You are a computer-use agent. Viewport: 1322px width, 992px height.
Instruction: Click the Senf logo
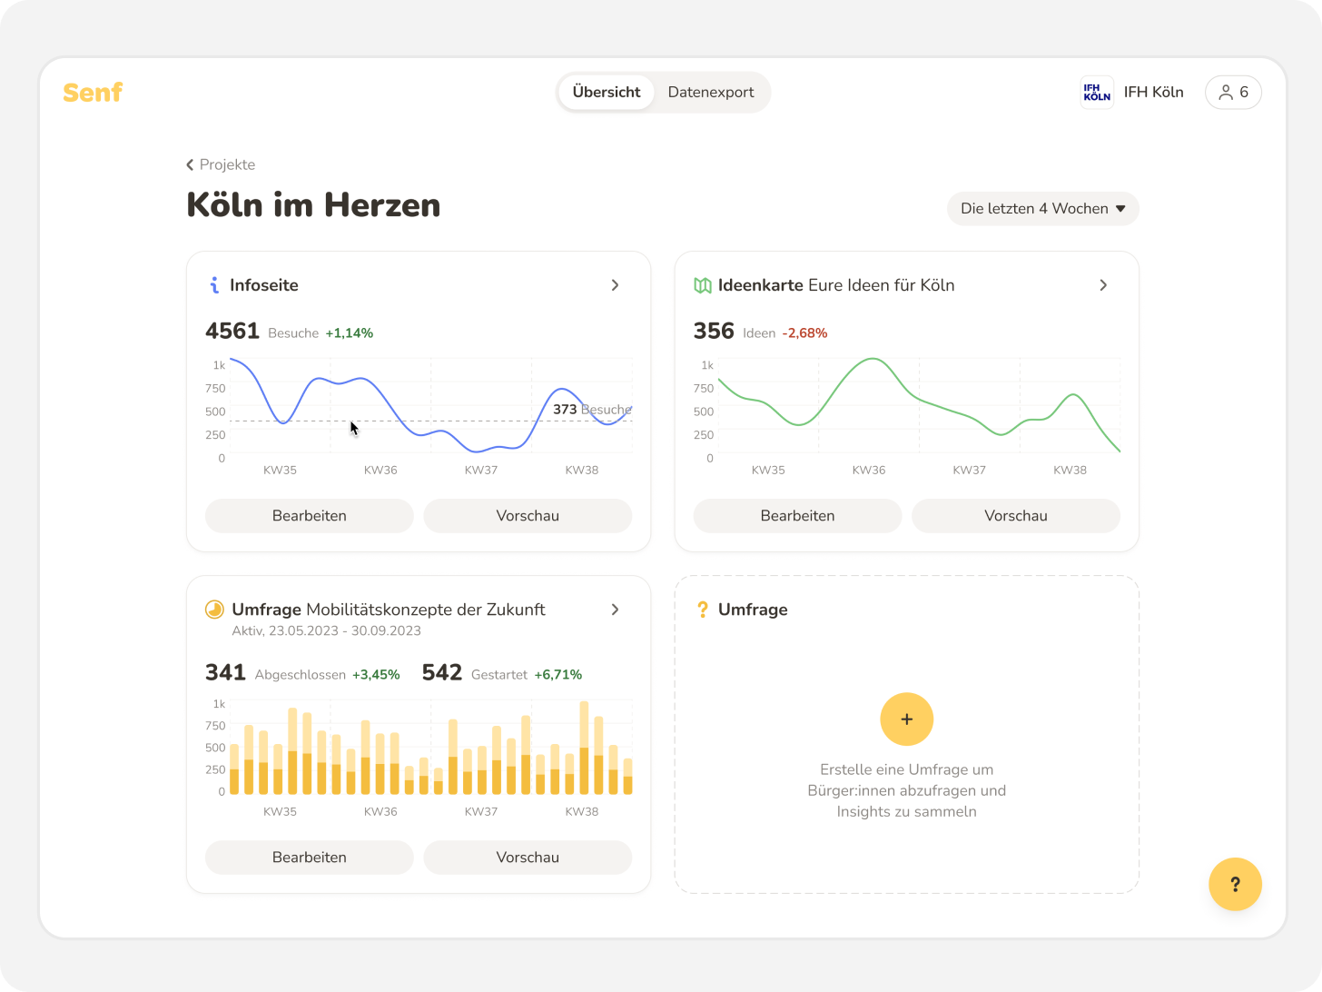coord(93,93)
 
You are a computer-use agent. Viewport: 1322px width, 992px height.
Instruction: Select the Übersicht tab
coord(606,93)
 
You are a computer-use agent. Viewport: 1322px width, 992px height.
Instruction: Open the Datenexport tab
coord(711,93)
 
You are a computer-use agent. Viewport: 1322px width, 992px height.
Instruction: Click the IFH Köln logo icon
coord(1097,93)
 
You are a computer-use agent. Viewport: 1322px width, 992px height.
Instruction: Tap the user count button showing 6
coord(1233,93)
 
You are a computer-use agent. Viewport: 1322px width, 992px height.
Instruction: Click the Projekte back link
coord(221,164)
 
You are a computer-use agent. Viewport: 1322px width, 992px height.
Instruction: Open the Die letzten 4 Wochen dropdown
coord(1042,209)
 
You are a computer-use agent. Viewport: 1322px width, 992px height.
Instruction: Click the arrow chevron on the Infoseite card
coord(615,285)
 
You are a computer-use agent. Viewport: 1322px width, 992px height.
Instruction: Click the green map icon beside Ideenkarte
coord(702,285)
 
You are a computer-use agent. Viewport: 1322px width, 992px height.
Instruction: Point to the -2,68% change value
coord(804,333)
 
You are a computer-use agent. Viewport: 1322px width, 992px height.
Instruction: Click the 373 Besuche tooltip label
coord(591,410)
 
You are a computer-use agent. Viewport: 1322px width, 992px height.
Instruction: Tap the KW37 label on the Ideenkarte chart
coord(969,471)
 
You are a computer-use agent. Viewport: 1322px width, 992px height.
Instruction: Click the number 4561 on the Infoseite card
coord(232,332)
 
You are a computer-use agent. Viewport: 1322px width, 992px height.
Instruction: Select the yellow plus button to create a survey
coord(906,719)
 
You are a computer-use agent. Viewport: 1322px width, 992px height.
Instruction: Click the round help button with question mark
coord(1235,884)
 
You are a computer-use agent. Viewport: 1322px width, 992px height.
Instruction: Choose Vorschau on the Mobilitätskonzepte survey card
coord(528,858)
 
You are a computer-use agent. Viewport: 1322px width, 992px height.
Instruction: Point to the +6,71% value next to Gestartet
coord(557,675)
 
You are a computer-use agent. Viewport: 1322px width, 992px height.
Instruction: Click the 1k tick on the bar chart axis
coord(219,704)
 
